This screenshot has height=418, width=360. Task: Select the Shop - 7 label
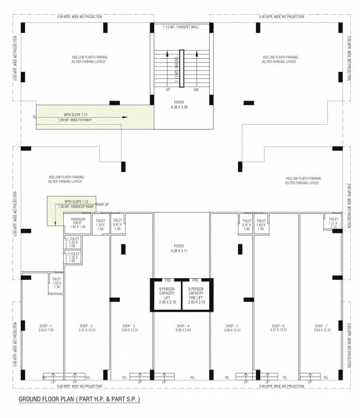(321, 325)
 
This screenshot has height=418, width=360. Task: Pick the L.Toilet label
(73, 242)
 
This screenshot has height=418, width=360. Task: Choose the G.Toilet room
(73, 257)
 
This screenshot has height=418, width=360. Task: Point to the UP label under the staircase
(168, 89)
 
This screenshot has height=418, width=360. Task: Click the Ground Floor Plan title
(80, 399)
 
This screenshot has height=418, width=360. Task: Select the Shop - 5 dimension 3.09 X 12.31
(232, 330)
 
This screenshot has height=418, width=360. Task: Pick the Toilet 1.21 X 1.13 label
(333, 224)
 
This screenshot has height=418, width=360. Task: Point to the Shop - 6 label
(278, 325)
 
